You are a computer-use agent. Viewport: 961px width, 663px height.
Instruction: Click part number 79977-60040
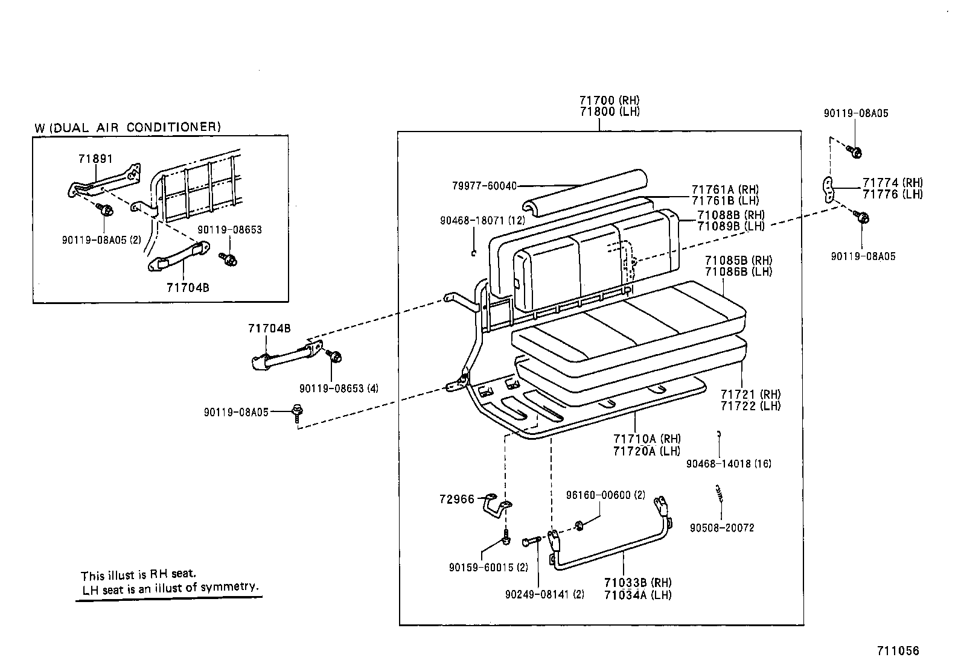pos(484,186)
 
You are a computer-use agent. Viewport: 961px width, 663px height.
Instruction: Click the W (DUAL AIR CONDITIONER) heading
pos(127,127)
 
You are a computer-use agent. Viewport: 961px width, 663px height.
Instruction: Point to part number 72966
pos(457,500)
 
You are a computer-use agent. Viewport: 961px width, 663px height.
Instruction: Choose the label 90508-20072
pos(722,528)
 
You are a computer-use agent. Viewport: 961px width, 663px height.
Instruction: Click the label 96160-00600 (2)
pos(605,495)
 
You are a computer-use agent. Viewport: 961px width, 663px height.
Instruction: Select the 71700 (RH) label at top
pos(609,100)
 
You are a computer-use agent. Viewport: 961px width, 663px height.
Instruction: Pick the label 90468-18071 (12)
pos(482,221)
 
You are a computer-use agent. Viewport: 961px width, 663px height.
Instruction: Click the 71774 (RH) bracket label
pos(892,183)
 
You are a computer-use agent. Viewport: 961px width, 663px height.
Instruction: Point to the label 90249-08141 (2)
pos(544,594)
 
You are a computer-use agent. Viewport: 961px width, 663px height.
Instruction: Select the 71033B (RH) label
pos(637,583)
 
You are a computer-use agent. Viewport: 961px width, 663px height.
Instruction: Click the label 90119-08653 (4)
pos(339,389)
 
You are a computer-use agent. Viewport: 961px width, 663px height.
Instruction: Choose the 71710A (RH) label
pos(647,439)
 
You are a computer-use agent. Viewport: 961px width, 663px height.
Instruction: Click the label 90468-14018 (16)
pos(729,464)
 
